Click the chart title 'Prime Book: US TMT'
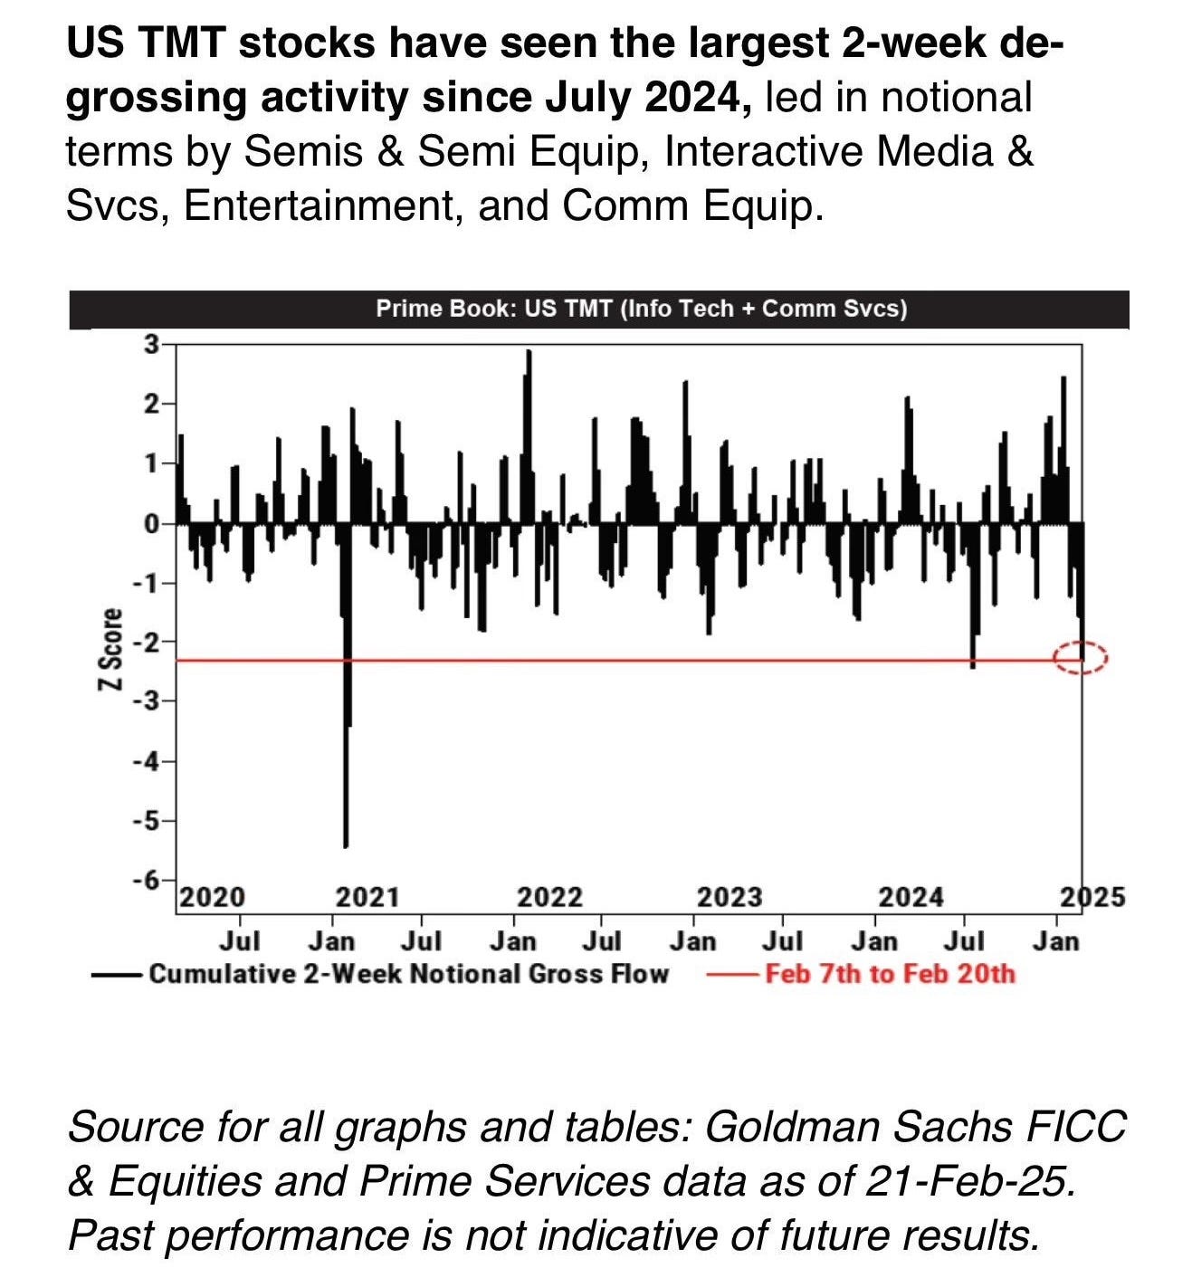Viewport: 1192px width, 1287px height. tap(641, 309)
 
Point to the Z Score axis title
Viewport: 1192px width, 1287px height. tap(110, 650)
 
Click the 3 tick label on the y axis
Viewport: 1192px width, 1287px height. tap(150, 344)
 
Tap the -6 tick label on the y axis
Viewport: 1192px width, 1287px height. tap(145, 880)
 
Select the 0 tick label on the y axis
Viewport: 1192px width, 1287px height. tap(150, 523)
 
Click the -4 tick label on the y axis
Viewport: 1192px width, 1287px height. tap(145, 761)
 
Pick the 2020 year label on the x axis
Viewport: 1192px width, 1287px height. tap(212, 897)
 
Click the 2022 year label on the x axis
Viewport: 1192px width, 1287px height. tap(549, 897)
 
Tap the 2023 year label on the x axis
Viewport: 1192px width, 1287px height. tap(730, 897)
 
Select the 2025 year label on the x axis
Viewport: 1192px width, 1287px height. tap(1092, 897)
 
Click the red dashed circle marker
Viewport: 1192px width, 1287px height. tap(1081, 657)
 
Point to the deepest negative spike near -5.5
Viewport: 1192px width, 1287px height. tap(346, 842)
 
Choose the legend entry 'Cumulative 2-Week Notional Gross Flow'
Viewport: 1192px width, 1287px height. tap(408, 974)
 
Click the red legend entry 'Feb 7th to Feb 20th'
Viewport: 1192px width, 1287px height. tap(890, 974)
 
